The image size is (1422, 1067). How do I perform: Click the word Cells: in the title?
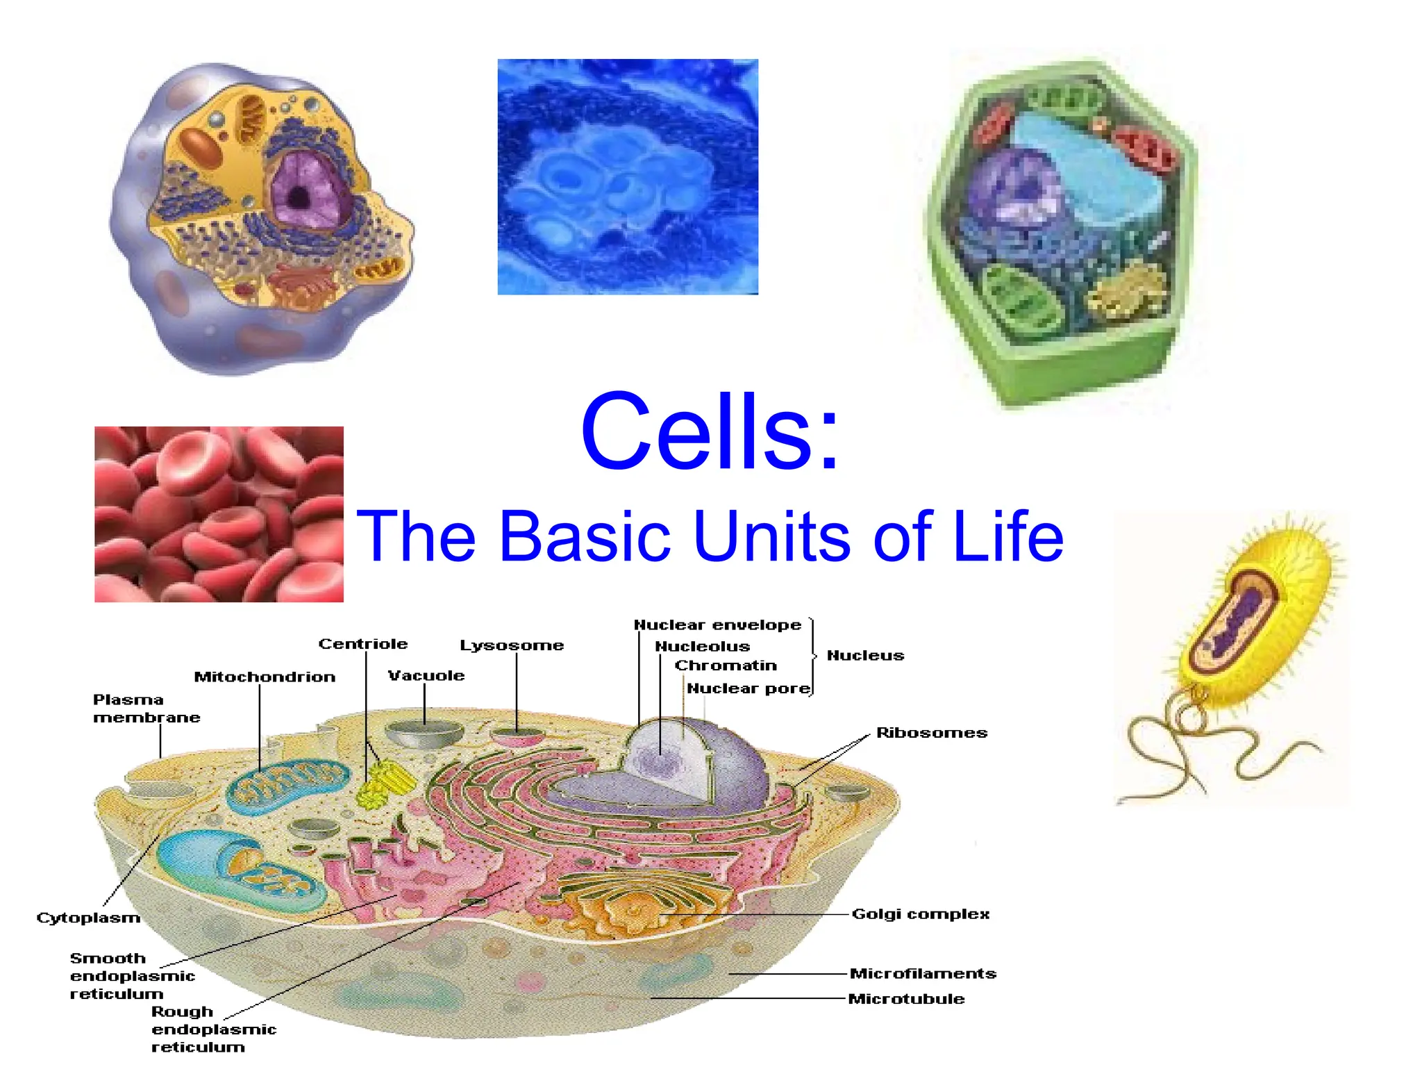[x=710, y=432]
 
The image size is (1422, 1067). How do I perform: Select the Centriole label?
[x=362, y=644]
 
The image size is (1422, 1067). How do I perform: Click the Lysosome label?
[x=512, y=645]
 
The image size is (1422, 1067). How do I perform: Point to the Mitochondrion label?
[x=265, y=677]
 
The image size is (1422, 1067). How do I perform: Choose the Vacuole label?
[x=426, y=675]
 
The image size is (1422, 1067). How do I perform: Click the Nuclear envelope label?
[x=717, y=625]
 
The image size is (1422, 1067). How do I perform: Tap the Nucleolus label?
[x=702, y=647]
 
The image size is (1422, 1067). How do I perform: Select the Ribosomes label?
[x=931, y=733]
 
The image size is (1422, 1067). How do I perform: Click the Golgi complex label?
[x=920, y=914]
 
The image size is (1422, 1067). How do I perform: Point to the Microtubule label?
[x=906, y=999]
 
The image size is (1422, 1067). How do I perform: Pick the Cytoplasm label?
[x=88, y=918]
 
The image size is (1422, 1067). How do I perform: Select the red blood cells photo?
[x=219, y=514]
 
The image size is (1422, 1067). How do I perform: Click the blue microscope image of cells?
[x=628, y=176]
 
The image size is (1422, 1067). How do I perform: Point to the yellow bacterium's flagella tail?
[x=1180, y=750]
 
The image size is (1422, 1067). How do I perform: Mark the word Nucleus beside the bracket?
[x=865, y=656]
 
